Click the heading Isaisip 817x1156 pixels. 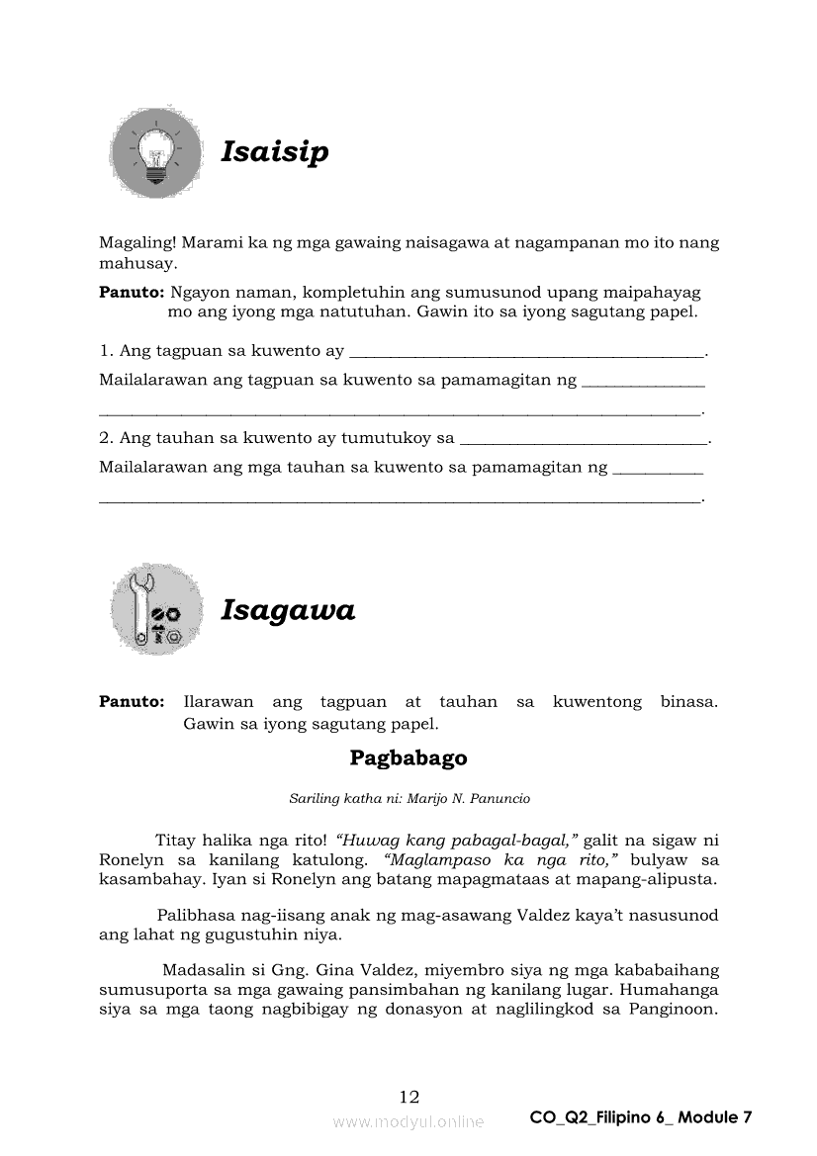pyautogui.click(x=274, y=153)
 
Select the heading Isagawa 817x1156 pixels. pyautogui.click(x=287, y=610)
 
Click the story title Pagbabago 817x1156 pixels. pyautogui.click(x=408, y=758)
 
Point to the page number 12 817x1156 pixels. pyautogui.click(x=408, y=1096)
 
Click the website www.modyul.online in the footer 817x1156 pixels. pyautogui.click(x=408, y=1121)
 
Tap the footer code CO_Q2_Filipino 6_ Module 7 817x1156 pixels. pyautogui.click(x=641, y=1117)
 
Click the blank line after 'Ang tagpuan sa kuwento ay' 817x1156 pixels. pyautogui.click(x=528, y=352)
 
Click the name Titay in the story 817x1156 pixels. pyautogui.click(x=174, y=841)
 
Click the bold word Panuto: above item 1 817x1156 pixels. pyautogui.click(x=132, y=293)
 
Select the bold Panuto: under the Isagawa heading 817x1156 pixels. pyautogui.click(x=132, y=702)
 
